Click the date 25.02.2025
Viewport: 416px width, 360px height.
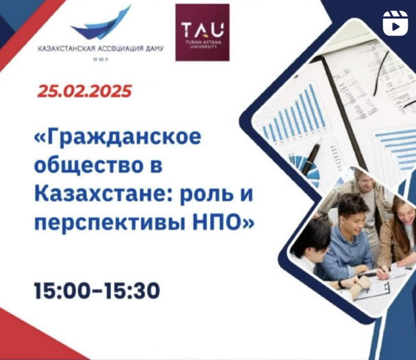click(84, 91)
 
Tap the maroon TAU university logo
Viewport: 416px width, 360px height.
click(203, 32)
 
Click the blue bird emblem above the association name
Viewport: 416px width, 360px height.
click(101, 23)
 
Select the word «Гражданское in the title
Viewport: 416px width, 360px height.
click(118, 137)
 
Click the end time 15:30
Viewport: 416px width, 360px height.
click(131, 291)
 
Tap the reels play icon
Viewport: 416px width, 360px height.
click(395, 23)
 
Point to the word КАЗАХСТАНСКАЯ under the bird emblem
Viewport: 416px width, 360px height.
click(66, 49)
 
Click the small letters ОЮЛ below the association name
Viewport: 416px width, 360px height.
click(101, 60)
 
